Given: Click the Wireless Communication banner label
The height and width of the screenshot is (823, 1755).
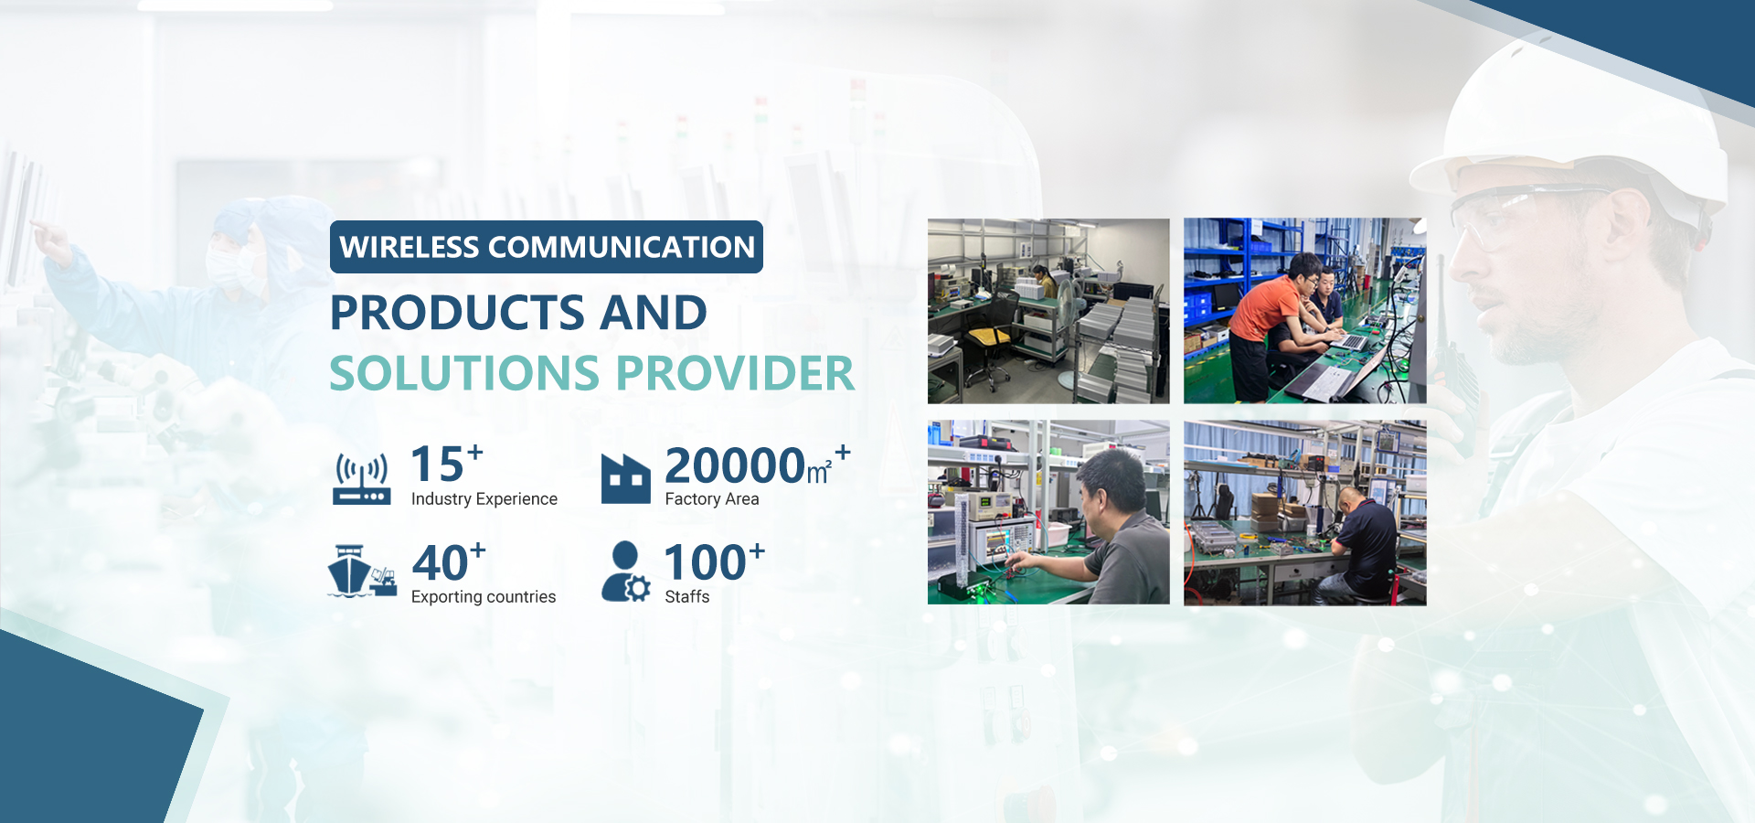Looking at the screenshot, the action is coord(547,247).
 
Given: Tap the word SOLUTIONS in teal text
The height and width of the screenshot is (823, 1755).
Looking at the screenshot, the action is coord(464,373).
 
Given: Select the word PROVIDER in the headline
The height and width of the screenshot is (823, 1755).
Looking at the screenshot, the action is coord(736,373).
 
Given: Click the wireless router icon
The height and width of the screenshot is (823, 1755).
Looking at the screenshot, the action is coord(362,479).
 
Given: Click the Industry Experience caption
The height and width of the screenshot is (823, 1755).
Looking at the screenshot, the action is coord(484,498).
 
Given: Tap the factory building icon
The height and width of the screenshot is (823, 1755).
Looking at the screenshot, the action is coord(626,479).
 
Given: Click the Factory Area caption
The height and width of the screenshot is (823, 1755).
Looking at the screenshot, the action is coord(712,498).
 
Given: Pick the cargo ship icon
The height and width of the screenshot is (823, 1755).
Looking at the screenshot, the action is coord(362,572).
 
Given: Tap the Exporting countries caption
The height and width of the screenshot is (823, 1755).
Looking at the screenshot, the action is coord(484,596).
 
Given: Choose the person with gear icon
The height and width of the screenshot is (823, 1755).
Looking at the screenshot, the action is coord(626,572).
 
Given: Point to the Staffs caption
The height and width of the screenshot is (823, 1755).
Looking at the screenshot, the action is coord(687,596).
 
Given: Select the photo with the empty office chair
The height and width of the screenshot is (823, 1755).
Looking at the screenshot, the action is coord(1048,311).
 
